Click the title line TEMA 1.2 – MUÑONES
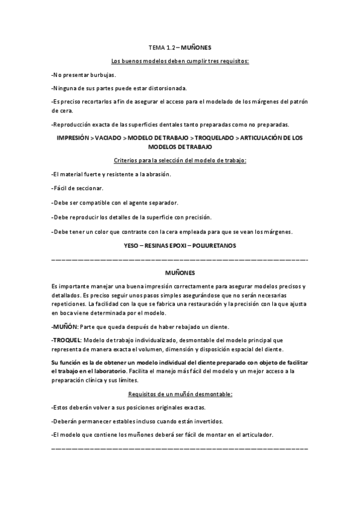point(180,46)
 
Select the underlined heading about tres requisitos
point(180,61)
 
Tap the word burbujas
point(102,75)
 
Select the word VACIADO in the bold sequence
point(108,138)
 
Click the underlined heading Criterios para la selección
point(180,160)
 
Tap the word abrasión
point(153,174)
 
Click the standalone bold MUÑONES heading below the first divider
point(180,272)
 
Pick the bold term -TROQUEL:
point(67,341)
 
